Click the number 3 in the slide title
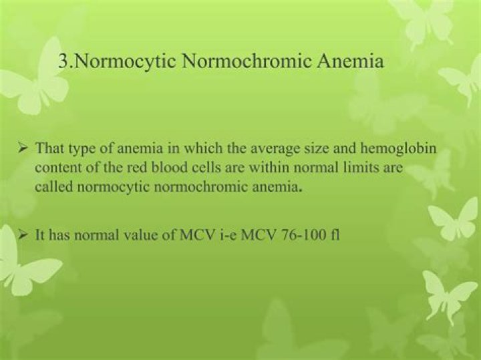(x=63, y=62)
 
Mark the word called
(x=55, y=187)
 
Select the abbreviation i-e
(x=217, y=235)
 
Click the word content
(x=57, y=168)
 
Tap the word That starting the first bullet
(x=49, y=148)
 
